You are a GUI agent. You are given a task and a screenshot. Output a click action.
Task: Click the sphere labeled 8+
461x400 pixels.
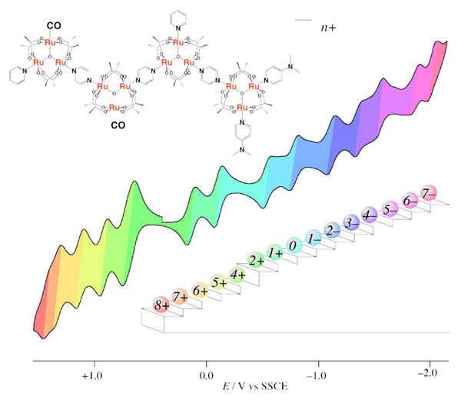[x=161, y=303]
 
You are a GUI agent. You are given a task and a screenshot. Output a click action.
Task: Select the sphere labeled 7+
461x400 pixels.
[x=181, y=296]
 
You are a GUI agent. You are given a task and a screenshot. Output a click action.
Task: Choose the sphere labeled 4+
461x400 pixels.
[x=237, y=274]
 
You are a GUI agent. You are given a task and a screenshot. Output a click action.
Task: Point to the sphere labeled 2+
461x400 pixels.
[x=257, y=261]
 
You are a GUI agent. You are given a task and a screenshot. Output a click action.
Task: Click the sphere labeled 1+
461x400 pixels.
[x=275, y=252]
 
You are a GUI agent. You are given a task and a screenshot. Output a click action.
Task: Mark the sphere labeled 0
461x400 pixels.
[x=293, y=245]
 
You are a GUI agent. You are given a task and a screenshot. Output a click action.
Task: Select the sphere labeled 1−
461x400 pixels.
[x=313, y=238]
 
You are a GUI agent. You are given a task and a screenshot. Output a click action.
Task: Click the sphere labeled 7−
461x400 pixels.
[x=428, y=192]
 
